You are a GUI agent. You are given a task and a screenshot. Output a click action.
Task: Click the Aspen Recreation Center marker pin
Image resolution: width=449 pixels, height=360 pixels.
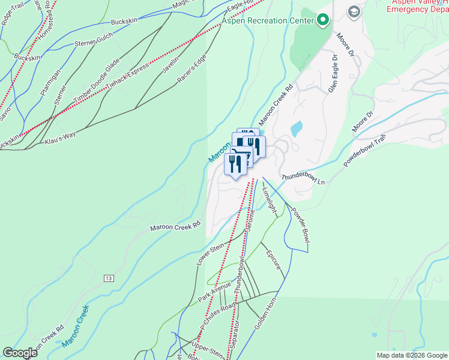[324, 20]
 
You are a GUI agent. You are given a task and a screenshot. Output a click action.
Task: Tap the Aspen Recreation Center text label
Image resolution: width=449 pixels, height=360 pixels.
[268, 21]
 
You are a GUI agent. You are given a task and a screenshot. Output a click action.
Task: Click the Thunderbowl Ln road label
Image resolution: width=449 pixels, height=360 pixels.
[303, 179]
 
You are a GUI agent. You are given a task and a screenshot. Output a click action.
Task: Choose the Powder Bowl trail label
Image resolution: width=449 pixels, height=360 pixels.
[300, 226]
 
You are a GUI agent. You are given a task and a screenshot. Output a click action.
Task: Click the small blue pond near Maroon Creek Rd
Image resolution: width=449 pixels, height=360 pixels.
[296, 128]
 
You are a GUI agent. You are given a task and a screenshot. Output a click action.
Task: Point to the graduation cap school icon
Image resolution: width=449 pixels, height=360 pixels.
[354, 11]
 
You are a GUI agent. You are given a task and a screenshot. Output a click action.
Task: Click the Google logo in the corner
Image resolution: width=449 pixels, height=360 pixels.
[20, 353]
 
